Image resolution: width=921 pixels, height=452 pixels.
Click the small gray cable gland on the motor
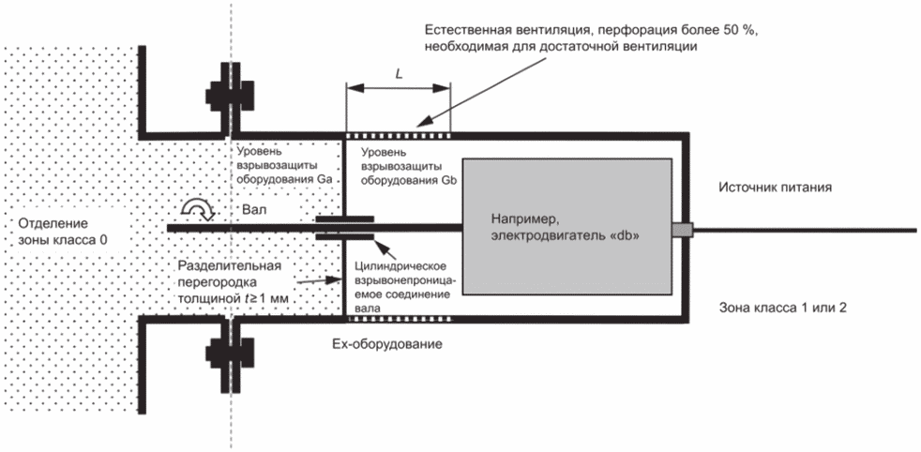pos(683,230)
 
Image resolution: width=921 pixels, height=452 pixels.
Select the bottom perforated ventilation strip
pos(399,320)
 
